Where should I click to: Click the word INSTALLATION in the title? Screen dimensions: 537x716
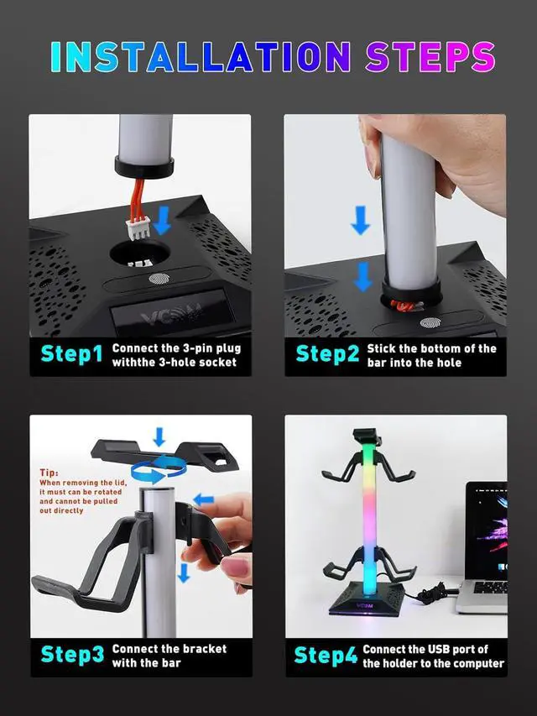pyautogui.click(x=201, y=56)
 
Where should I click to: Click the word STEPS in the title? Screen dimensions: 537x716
pyautogui.click(x=430, y=56)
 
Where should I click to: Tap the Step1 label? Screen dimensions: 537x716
pyautogui.click(x=71, y=355)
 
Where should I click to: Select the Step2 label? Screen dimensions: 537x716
pyautogui.click(x=327, y=355)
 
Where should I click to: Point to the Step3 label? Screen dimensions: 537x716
pyautogui.click(x=72, y=655)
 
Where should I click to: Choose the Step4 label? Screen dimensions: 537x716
pyautogui.click(x=326, y=656)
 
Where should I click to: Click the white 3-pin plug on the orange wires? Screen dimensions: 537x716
pyautogui.click(x=138, y=229)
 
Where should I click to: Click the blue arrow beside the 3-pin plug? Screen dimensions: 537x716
pyautogui.click(x=161, y=220)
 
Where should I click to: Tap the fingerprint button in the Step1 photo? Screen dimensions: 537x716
pyautogui.click(x=159, y=278)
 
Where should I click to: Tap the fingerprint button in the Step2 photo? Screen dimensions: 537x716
pyautogui.click(x=430, y=323)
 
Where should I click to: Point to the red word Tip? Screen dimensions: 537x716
pyautogui.click(x=49, y=473)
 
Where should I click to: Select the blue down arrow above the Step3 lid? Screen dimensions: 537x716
pyautogui.click(x=159, y=436)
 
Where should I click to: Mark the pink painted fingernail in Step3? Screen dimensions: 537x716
pyautogui.click(x=236, y=567)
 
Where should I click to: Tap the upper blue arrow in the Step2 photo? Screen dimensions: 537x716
pyautogui.click(x=360, y=220)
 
